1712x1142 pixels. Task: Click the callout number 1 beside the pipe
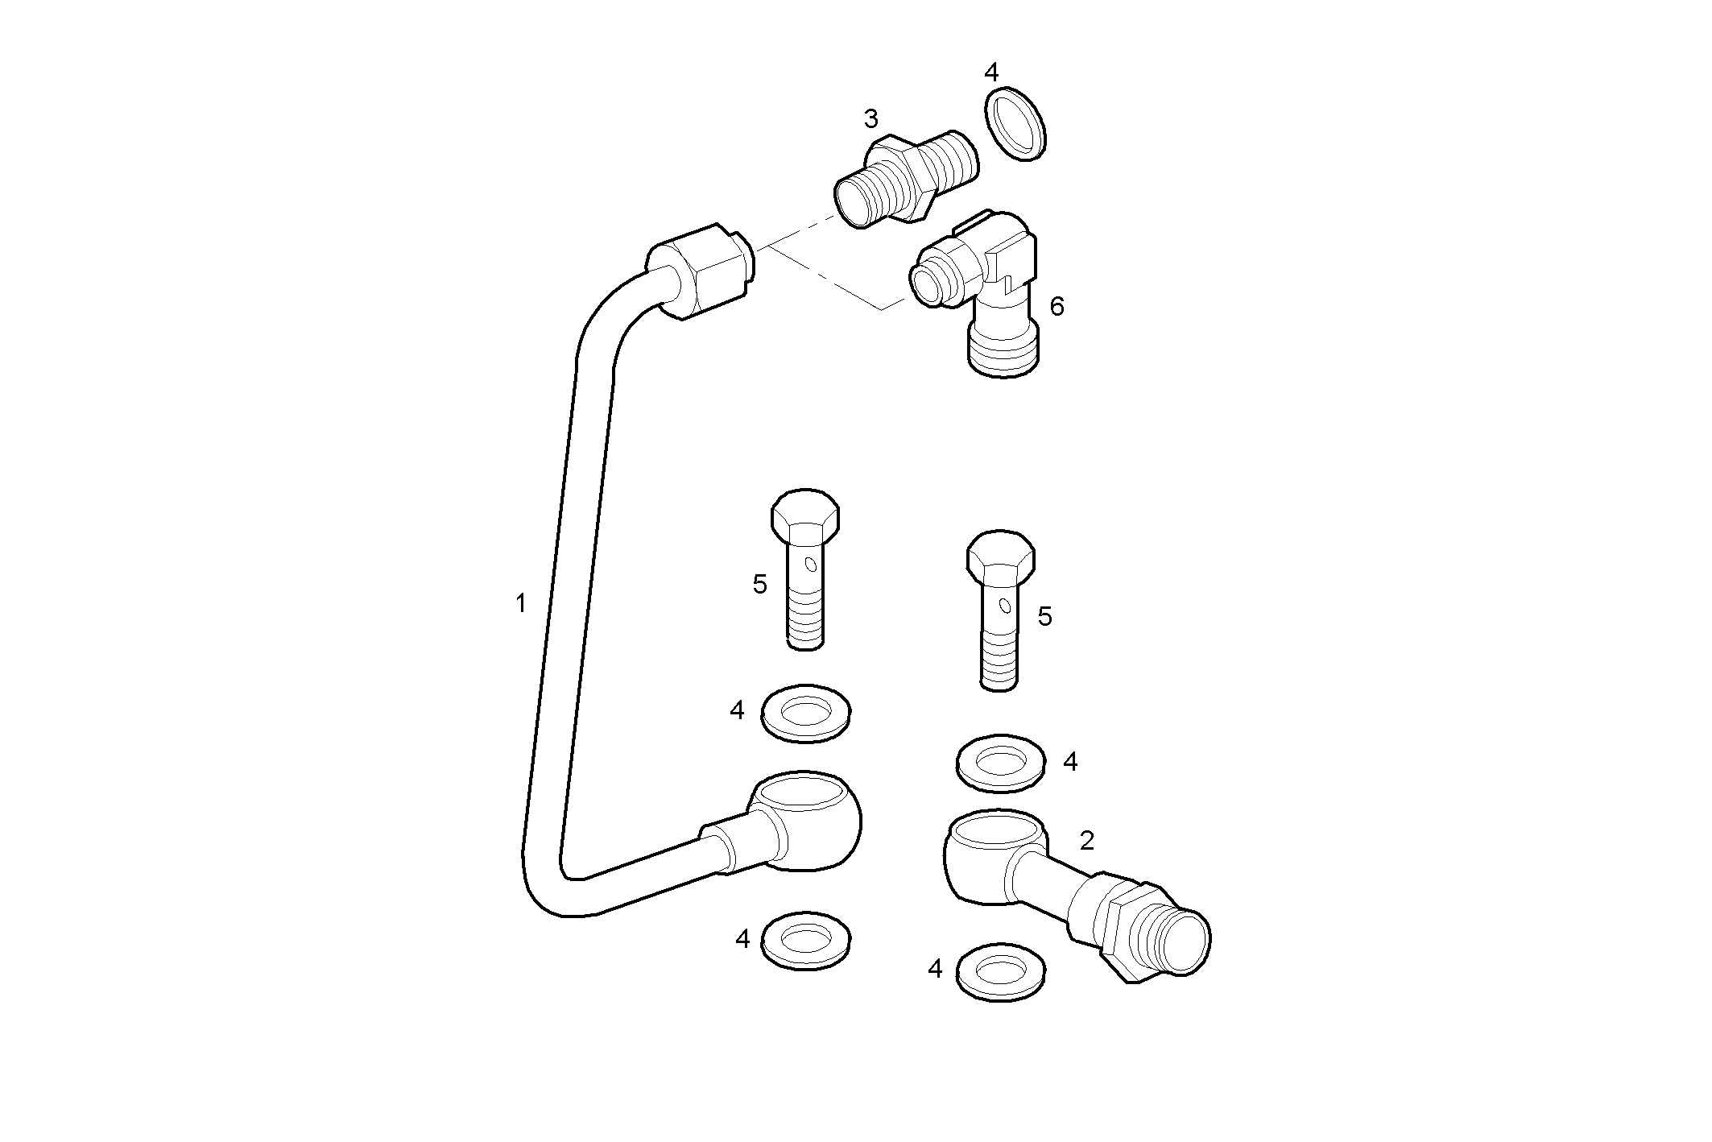click(x=521, y=603)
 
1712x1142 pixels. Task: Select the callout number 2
click(x=1086, y=841)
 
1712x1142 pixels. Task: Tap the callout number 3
click(x=870, y=119)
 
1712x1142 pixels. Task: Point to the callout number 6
click(x=1057, y=306)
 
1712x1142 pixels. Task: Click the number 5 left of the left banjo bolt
click(x=759, y=585)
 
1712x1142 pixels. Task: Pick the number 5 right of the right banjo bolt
click(x=1044, y=617)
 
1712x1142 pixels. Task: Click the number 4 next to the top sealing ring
click(x=991, y=72)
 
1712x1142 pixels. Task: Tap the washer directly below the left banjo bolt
click(x=805, y=713)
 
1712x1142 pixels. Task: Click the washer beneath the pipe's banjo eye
click(x=805, y=940)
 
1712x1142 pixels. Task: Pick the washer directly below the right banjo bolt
click(x=1001, y=762)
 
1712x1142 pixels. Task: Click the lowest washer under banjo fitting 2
click(x=1000, y=973)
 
